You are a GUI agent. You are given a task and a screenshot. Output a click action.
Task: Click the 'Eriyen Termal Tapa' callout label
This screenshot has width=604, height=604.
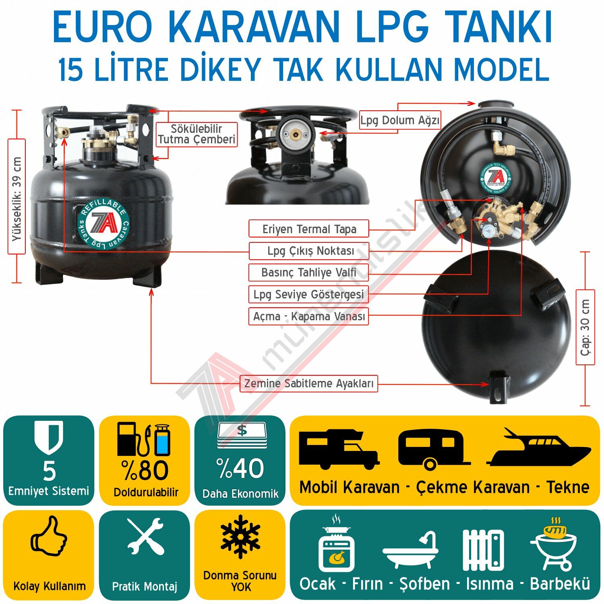click(309, 229)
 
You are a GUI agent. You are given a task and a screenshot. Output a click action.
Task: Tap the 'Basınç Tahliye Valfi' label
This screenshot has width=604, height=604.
click(308, 273)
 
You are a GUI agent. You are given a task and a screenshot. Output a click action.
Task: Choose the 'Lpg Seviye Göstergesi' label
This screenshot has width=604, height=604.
click(308, 294)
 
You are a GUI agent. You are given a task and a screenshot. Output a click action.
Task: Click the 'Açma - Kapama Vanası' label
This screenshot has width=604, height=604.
click(309, 316)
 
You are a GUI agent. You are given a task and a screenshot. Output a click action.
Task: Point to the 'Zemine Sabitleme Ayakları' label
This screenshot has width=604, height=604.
click(309, 383)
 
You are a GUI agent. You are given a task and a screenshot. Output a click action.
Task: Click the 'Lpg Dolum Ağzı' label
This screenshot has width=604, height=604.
click(400, 120)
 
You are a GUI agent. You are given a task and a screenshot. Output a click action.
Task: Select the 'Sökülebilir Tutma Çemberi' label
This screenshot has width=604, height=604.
click(197, 134)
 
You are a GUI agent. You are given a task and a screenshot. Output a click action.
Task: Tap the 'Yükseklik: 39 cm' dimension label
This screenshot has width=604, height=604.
click(17, 197)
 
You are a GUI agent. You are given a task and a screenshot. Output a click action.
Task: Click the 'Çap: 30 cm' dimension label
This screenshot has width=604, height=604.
click(585, 327)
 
